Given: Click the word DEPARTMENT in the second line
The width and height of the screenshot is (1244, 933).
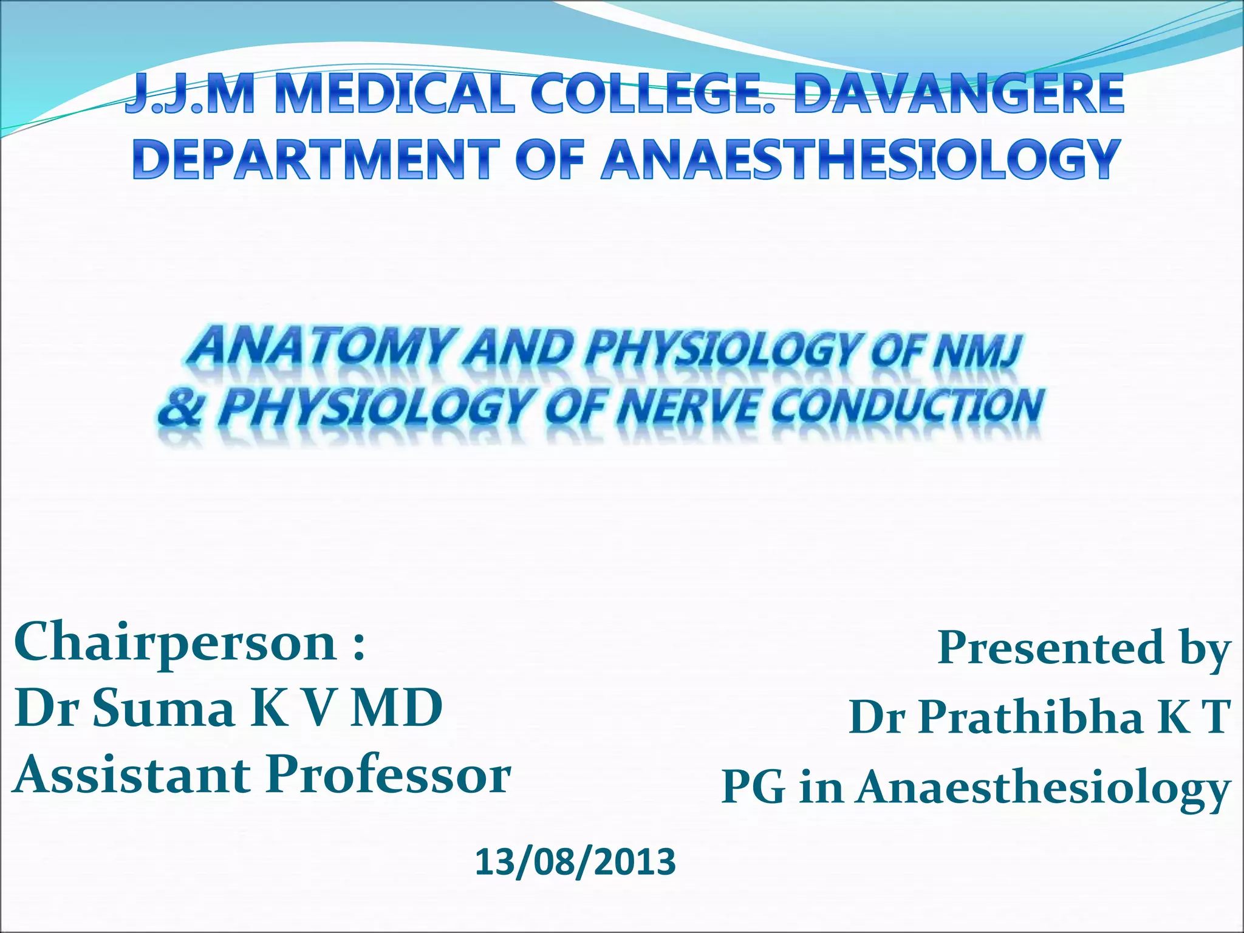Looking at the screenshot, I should coord(316,159).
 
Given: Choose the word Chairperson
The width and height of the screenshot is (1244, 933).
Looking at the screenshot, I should coord(176,644).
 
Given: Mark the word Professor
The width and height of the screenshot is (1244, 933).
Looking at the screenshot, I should coord(389,776).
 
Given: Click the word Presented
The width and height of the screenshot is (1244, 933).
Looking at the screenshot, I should coord(1051,648).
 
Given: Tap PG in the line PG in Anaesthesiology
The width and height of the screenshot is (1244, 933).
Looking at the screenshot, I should coord(753,787).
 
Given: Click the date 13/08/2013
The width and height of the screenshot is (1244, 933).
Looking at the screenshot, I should coord(575,862).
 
